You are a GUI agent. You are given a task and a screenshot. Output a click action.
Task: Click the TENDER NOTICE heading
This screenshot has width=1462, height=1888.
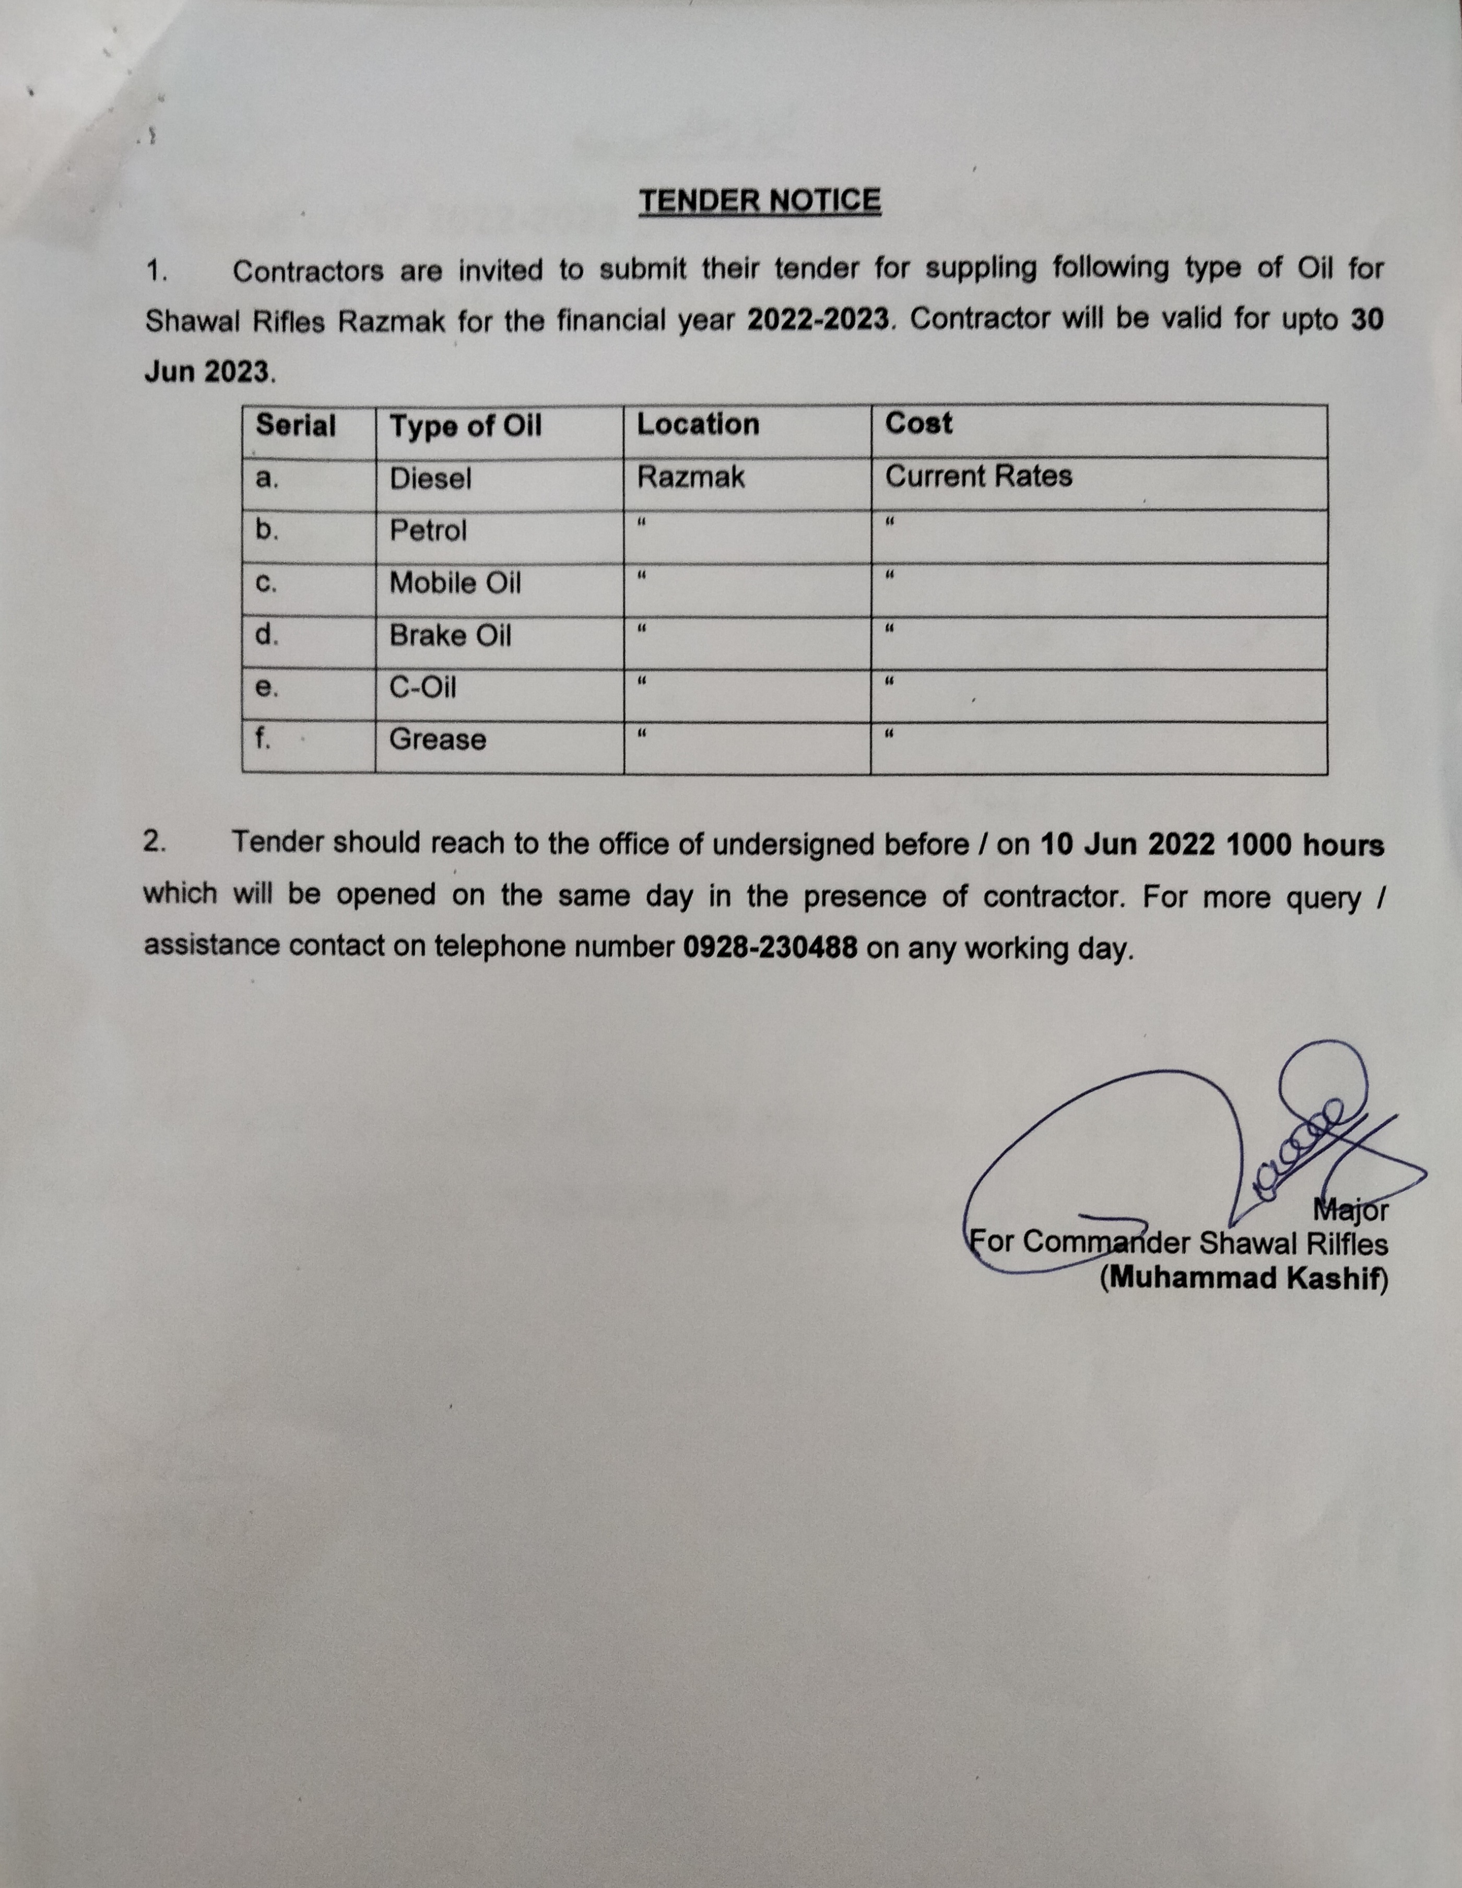tap(760, 201)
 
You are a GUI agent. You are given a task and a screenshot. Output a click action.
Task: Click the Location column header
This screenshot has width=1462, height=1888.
tap(697, 424)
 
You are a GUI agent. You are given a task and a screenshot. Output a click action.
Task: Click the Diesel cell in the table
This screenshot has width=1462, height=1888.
tap(430, 478)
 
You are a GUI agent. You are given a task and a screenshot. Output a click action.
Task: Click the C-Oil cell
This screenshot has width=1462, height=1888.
tap(422, 687)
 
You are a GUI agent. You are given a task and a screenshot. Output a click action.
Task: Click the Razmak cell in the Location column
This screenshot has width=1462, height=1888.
tap(690, 476)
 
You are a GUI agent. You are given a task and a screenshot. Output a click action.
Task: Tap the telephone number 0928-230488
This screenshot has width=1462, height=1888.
tap(770, 948)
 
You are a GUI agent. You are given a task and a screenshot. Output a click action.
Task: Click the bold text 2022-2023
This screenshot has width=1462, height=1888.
tap(817, 320)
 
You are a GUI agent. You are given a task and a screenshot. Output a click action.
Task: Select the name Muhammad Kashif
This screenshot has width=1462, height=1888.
tap(1243, 1278)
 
